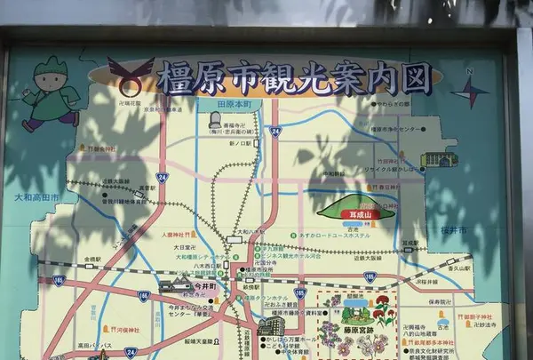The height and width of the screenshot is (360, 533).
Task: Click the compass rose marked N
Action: click(x=471, y=90)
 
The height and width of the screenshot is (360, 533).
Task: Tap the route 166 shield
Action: click(x=143, y=295)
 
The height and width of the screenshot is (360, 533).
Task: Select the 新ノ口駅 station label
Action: click(x=242, y=143)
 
